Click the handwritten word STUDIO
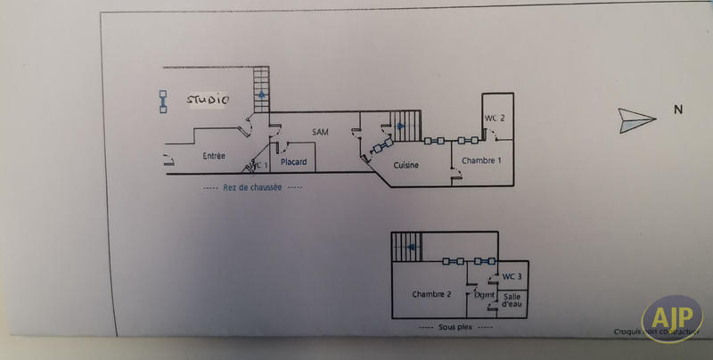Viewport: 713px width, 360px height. pyautogui.click(x=207, y=101)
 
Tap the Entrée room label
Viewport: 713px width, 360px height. pyautogui.click(x=214, y=156)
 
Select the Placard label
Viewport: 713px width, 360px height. pyautogui.click(x=293, y=161)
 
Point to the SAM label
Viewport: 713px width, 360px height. pyautogui.click(x=321, y=133)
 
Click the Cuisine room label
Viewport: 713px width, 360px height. pyautogui.click(x=406, y=166)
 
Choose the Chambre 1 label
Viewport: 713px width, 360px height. pyautogui.click(x=482, y=160)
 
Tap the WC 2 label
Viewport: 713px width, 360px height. pyautogui.click(x=495, y=119)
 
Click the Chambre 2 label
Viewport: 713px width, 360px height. pyautogui.click(x=430, y=294)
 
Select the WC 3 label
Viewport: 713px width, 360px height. pyautogui.click(x=512, y=277)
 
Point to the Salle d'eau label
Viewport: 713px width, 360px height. pyautogui.click(x=512, y=300)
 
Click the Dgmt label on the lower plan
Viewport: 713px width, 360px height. pyautogui.click(x=485, y=294)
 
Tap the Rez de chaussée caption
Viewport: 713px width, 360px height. pyautogui.click(x=252, y=187)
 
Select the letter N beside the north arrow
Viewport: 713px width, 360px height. pyautogui.click(x=677, y=110)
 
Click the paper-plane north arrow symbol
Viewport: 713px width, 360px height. pyautogui.click(x=635, y=119)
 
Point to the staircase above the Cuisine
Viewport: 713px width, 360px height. pyautogui.click(x=405, y=125)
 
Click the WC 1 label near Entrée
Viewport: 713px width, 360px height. pyautogui.click(x=259, y=165)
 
